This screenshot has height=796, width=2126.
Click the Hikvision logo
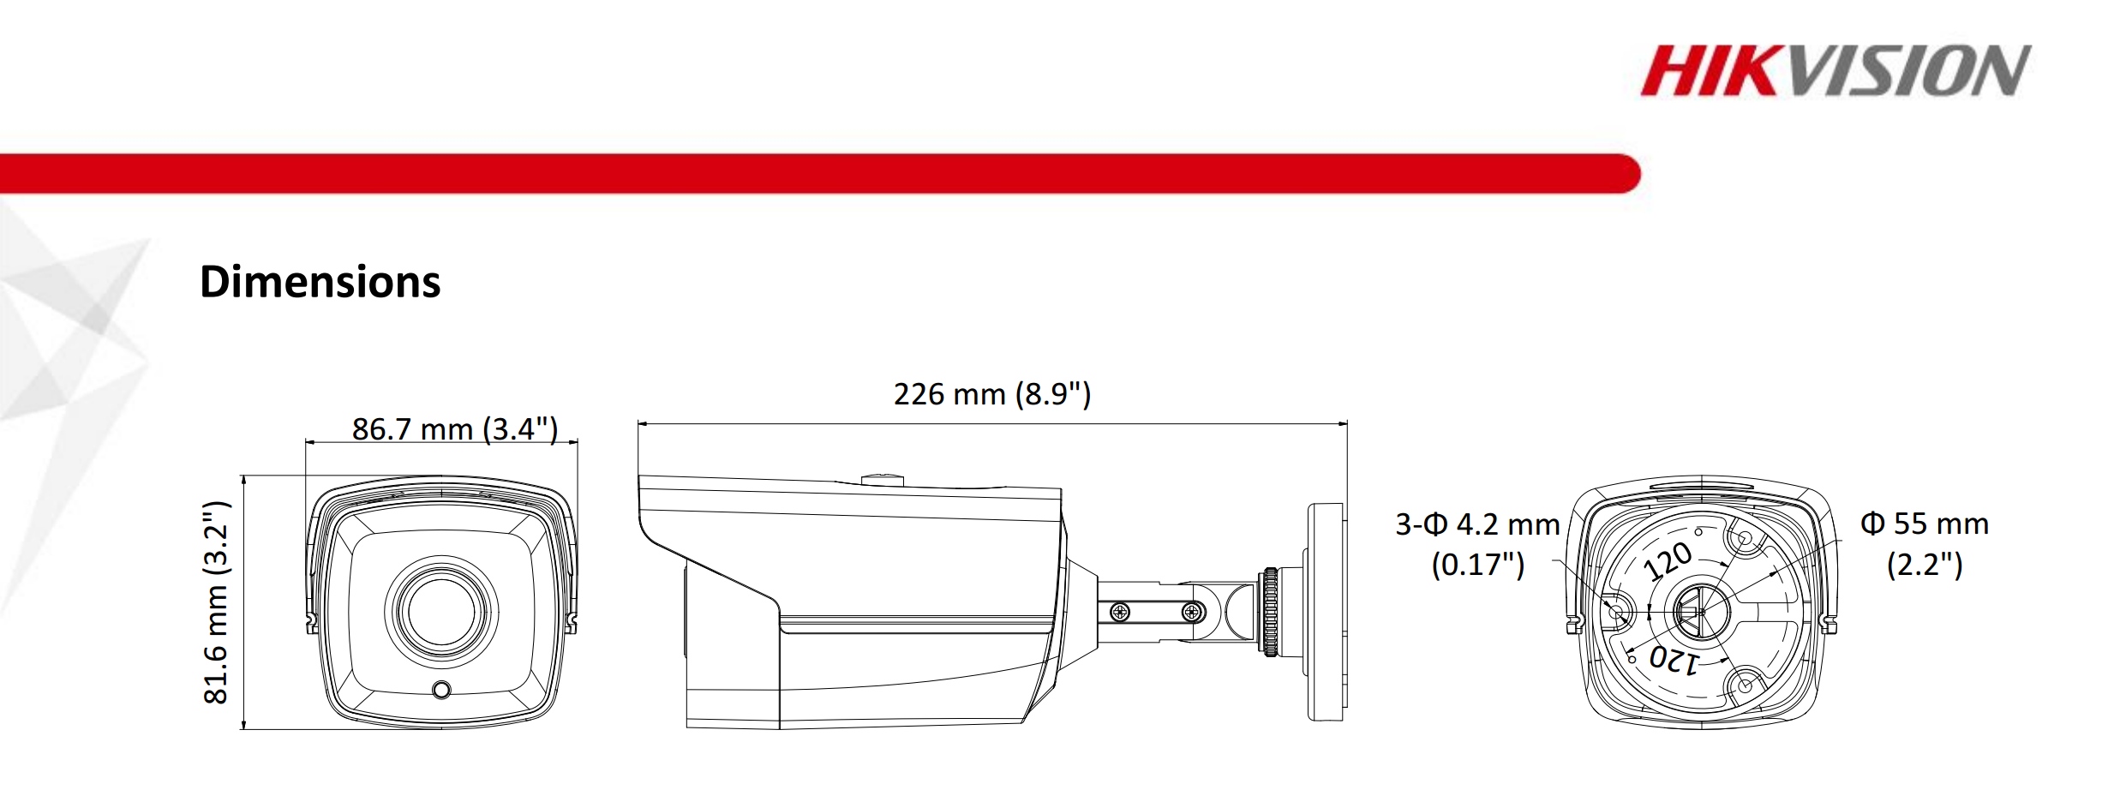coord(1835,71)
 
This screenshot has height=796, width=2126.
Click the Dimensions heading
coord(320,282)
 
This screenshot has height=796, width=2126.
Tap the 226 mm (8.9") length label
coord(991,394)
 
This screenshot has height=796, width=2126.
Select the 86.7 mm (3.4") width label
coord(454,428)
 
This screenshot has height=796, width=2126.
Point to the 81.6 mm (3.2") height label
coord(216,602)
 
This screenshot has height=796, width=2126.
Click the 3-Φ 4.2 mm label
coord(1477,524)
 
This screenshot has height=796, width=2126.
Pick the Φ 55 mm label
coord(1925,524)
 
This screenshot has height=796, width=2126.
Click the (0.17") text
coord(1478,565)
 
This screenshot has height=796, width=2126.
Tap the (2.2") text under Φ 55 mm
coord(1925,565)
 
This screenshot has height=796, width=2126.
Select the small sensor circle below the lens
coord(441,689)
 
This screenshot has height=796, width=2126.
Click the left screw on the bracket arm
coord(1119,612)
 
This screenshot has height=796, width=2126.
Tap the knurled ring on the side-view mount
coord(1269,612)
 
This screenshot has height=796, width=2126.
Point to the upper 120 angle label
coord(1668,561)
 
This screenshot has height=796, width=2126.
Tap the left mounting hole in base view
coord(1617,612)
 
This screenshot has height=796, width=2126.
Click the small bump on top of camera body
coord(882,479)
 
